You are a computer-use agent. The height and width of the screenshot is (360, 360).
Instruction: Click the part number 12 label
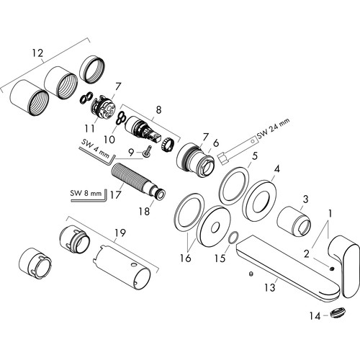coord(38,53)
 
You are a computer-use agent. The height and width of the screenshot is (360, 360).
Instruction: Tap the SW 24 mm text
coord(274,128)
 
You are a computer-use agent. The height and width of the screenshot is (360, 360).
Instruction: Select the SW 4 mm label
coord(95,149)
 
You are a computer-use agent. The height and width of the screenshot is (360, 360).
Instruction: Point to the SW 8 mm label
coord(86,193)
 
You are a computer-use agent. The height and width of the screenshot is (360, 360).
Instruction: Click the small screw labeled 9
coord(147,153)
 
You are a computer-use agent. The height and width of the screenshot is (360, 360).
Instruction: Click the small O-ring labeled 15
coord(233,238)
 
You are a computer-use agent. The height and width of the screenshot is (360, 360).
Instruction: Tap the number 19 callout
coord(120,233)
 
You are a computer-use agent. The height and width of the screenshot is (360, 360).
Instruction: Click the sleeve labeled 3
coord(294,221)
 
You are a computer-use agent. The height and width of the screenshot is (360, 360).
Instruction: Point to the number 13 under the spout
coord(269,287)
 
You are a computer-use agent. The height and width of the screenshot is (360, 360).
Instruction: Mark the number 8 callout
coord(158,110)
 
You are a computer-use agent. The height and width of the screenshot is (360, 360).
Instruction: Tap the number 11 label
coord(89,129)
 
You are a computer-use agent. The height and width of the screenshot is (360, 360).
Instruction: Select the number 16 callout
coord(186,258)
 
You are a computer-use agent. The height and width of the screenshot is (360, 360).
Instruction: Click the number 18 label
coord(144,211)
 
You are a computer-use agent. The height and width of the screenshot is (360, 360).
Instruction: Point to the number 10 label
coord(109,139)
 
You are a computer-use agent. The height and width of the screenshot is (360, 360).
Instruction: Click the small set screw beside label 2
coord(333,269)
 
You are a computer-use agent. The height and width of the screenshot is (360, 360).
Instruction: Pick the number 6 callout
coord(216,143)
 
